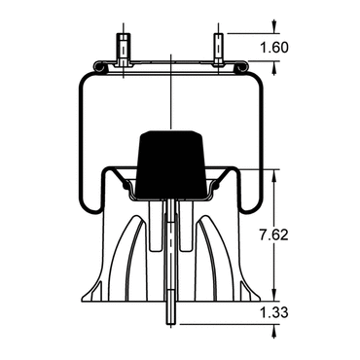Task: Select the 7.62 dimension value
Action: (x=273, y=234)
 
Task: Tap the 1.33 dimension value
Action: (x=274, y=313)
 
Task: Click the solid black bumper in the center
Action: (x=170, y=164)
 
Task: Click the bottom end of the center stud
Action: (x=170, y=323)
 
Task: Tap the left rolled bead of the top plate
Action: (x=99, y=67)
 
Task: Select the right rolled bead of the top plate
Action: (x=242, y=67)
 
